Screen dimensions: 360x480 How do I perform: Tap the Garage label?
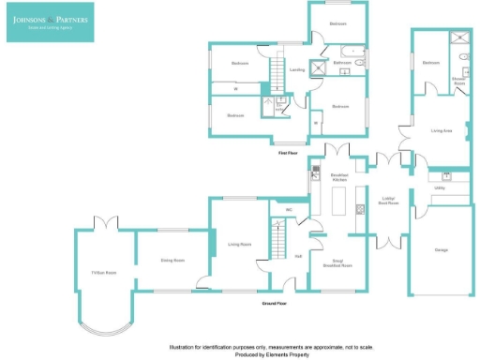tap(442, 250)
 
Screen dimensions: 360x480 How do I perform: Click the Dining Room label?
tap(170, 249)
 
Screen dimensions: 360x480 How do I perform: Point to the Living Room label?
tap(239, 244)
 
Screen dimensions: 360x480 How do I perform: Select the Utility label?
tap(440, 188)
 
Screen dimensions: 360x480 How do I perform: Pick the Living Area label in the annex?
tap(442, 131)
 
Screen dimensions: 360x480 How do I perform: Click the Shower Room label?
tap(459, 82)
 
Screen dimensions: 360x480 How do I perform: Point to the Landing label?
tap(296, 69)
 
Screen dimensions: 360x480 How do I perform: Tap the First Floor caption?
tap(288, 153)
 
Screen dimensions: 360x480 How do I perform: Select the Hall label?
tap(297, 256)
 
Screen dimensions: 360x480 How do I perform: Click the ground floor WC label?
tap(290, 209)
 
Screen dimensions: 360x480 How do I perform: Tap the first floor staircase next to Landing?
tap(277, 71)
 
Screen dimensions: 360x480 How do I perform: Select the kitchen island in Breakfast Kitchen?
tap(339, 201)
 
